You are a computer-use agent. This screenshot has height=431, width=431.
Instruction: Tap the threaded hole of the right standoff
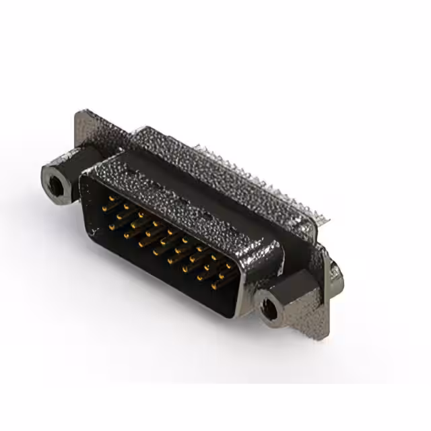[x=271, y=309]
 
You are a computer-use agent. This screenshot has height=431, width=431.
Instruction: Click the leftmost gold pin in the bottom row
[x=111, y=228]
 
